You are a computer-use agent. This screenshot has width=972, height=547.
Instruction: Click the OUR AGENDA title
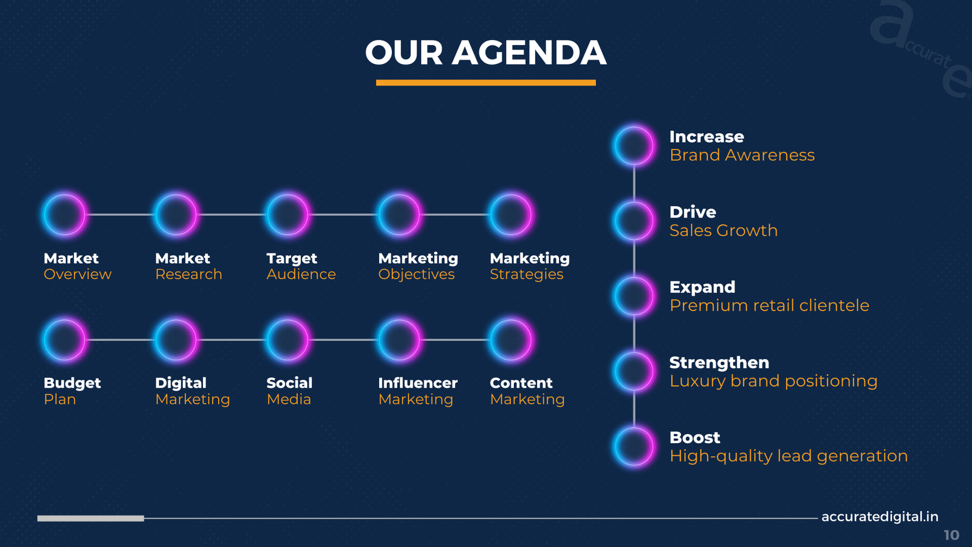point(485,52)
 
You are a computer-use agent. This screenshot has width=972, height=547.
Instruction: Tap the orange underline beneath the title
point(485,83)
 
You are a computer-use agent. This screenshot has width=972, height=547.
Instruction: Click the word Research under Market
point(188,274)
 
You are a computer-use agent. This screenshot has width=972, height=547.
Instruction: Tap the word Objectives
point(416,275)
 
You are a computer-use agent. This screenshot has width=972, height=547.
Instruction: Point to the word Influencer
point(418,383)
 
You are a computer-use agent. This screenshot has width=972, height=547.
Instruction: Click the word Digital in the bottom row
point(180,384)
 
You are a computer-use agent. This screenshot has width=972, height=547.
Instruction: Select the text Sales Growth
point(724,230)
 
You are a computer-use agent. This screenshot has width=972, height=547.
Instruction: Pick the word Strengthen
point(719,362)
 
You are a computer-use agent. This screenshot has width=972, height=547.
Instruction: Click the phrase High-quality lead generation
point(789,456)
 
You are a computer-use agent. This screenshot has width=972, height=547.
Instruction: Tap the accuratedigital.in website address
point(880,517)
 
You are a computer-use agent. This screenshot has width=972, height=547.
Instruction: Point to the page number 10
point(951,535)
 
